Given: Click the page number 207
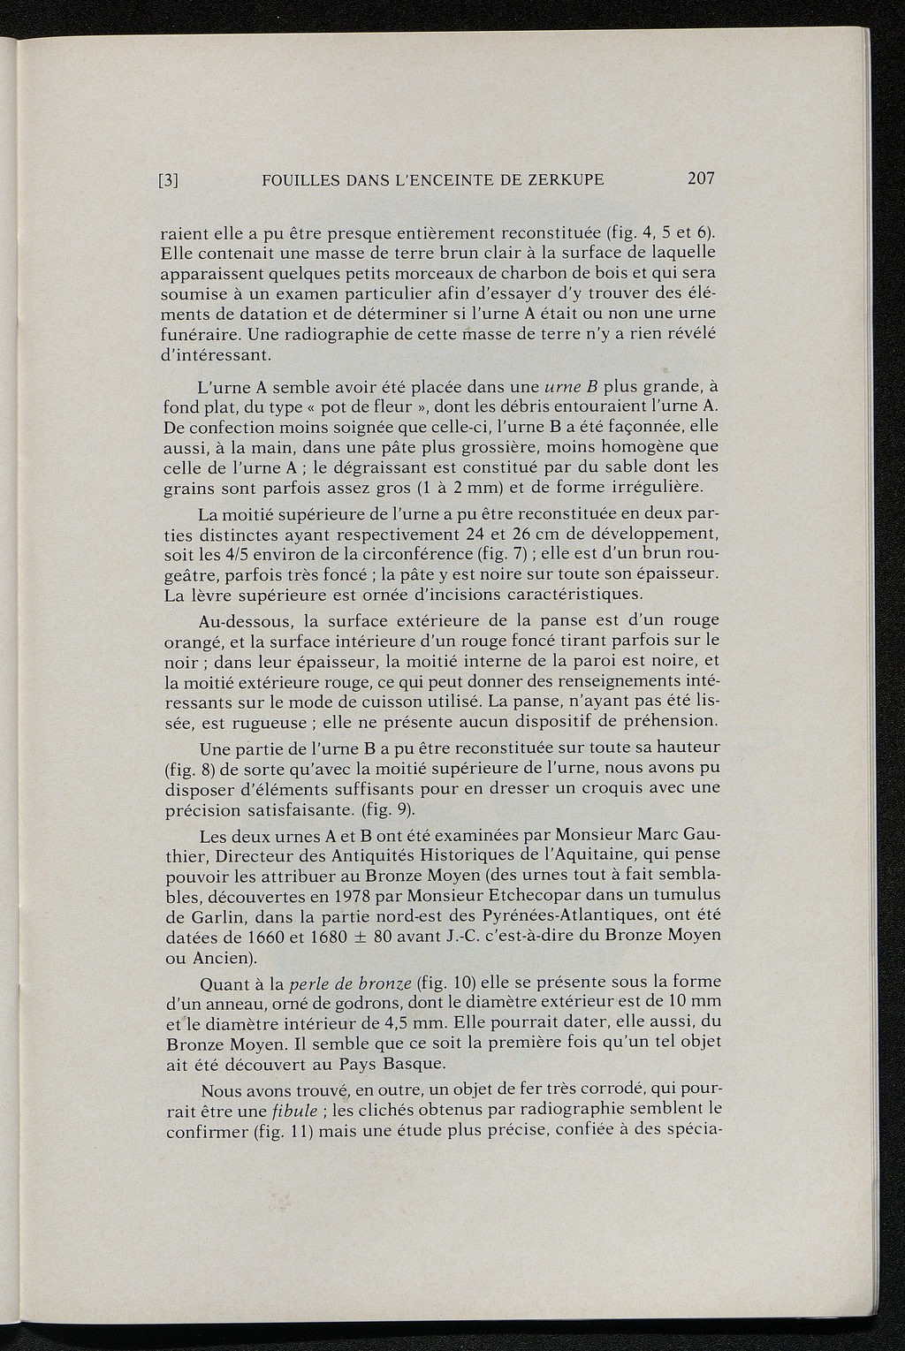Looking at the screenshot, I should pos(699,179).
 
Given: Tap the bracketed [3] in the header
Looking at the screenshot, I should pos(169,181).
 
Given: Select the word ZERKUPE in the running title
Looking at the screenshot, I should pos(564,180).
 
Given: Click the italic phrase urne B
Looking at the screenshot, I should pos(570,386).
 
